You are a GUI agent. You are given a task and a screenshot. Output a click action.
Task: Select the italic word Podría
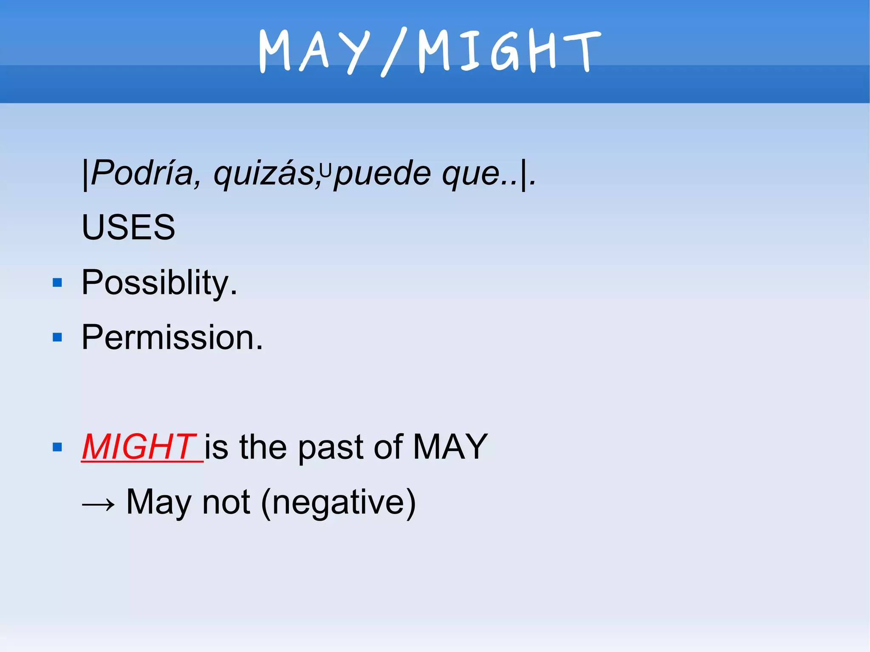(x=142, y=173)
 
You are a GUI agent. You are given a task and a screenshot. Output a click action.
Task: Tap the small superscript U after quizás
(x=325, y=170)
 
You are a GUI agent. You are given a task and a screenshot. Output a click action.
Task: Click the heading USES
(x=128, y=227)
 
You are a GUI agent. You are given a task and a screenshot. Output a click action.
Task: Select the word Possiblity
(x=159, y=282)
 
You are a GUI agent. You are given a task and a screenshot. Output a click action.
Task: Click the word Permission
(x=172, y=337)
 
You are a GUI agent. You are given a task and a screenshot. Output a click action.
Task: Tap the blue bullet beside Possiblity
(x=57, y=283)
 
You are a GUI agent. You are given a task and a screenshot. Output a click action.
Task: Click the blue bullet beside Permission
(x=57, y=338)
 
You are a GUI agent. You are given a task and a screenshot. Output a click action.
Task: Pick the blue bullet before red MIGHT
(x=57, y=447)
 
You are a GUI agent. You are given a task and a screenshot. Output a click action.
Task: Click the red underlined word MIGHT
(x=138, y=447)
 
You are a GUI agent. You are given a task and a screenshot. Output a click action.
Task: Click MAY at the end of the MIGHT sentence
(x=450, y=447)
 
